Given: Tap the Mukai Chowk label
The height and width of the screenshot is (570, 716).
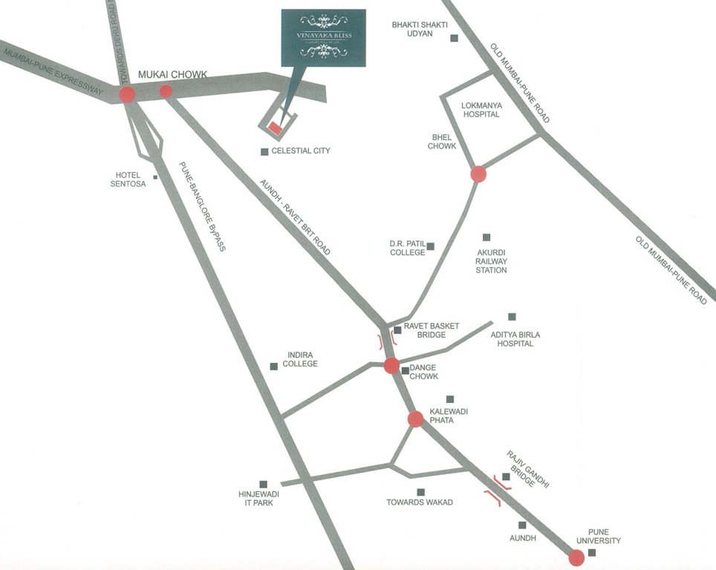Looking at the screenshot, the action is coord(172,74).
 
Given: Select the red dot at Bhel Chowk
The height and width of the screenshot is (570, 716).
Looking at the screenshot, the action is coord(478,174).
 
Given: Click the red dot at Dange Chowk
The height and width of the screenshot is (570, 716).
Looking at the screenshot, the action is coord(391,365).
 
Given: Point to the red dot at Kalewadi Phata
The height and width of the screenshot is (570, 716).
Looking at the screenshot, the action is coord(415,419).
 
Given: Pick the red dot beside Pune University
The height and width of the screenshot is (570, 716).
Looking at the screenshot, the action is coord(576,557).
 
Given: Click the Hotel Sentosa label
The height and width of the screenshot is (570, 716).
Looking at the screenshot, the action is coord(127,179).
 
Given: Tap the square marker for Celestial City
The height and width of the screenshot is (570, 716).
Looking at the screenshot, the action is coord(264,151).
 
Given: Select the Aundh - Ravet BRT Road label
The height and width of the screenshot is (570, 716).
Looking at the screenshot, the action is coord(294,216).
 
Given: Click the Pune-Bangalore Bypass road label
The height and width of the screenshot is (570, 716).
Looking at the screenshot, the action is coord(203,207).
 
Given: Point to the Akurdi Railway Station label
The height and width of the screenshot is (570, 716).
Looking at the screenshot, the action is coord(491,261).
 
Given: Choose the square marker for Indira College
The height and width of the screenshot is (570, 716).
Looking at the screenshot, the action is coord(273,366).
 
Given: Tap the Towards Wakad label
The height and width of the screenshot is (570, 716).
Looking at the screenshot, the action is coord(420,502).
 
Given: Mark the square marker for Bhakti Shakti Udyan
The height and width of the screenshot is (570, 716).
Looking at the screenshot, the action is coord(453,38).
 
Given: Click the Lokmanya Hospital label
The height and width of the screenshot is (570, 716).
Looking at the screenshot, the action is coord(481,110).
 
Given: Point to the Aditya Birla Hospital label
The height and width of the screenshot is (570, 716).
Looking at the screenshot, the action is coord(515,339).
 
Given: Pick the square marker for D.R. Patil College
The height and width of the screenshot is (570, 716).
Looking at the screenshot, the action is coord(429,246).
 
